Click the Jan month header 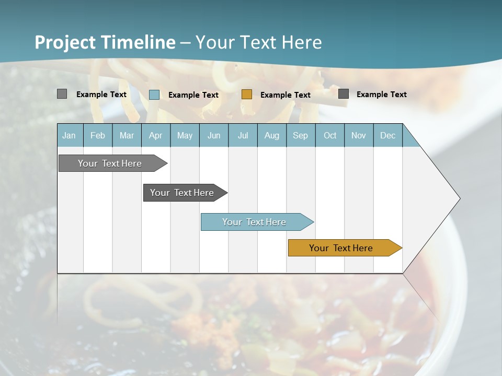pyautogui.click(x=69, y=135)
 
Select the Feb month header pyautogui.click(x=98, y=135)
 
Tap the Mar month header pyautogui.click(x=127, y=135)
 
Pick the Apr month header pyautogui.click(x=155, y=135)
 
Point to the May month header pyautogui.click(x=185, y=135)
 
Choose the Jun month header pyautogui.click(x=214, y=135)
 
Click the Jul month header pyautogui.click(x=243, y=135)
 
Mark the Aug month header pyautogui.click(x=272, y=135)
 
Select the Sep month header pyautogui.click(x=301, y=135)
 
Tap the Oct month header pyautogui.click(x=330, y=135)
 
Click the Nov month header pyautogui.click(x=359, y=135)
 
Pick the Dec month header pyautogui.click(x=388, y=135)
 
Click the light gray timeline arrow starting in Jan pyautogui.click(x=110, y=163)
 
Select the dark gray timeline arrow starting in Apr pyautogui.click(x=182, y=193)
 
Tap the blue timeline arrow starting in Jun pyautogui.click(x=255, y=222)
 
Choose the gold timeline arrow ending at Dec pyautogui.click(x=341, y=248)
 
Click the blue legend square pyautogui.click(x=154, y=95)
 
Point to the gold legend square pyautogui.click(x=247, y=94)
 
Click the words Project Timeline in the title pyautogui.click(x=105, y=42)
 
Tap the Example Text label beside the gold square pyautogui.click(x=285, y=95)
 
